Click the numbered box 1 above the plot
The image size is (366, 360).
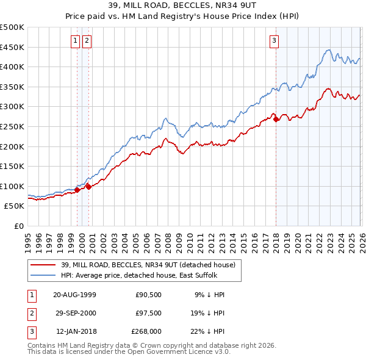[75, 41]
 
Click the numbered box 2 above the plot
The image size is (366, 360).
[87, 41]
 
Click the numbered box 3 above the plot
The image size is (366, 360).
[274, 41]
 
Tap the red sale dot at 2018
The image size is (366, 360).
[276, 119]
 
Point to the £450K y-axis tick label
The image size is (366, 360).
[12, 47]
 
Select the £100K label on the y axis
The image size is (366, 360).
[12, 186]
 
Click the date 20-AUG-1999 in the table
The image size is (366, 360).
[74, 295]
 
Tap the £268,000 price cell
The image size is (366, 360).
[146, 333]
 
